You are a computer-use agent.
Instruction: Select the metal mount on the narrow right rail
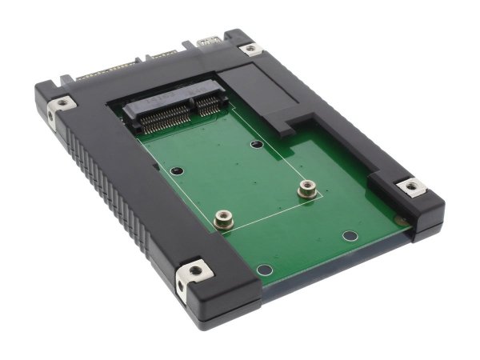pyautogui.click(x=411, y=187)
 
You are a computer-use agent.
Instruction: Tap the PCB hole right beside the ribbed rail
pyautogui.click(x=178, y=170)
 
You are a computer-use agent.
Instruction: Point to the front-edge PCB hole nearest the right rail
pyautogui.click(x=348, y=236)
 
